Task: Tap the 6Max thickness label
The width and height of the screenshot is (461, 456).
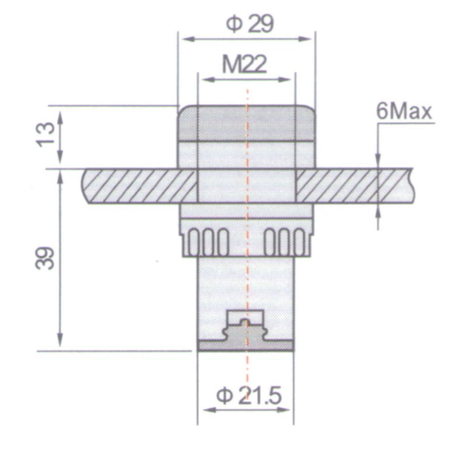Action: pos(404,112)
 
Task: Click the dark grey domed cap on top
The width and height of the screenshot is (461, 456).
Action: pos(246,123)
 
